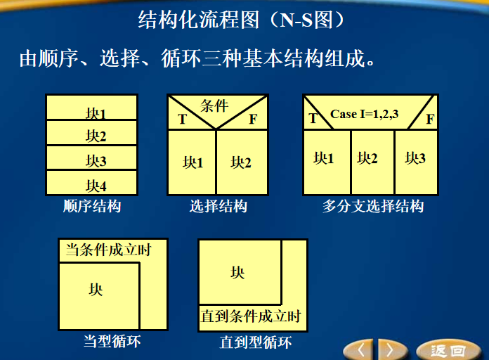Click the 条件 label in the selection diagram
(214, 106)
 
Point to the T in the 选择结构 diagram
(182, 119)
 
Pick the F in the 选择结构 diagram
(253, 119)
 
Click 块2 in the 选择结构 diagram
(241, 162)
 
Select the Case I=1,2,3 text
(365, 113)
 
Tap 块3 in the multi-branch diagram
(415, 158)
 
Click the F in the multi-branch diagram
(430, 119)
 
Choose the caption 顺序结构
(92, 207)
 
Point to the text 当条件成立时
(108, 250)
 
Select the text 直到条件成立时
(251, 316)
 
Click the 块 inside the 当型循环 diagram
(96, 289)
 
